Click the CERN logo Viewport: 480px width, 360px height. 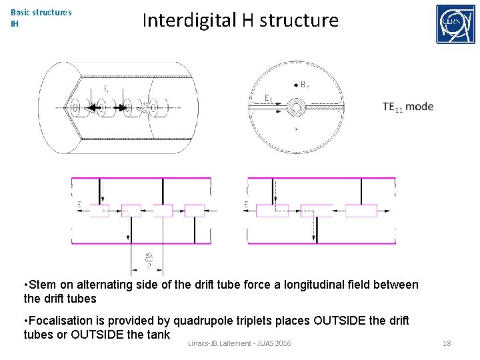coord(455,24)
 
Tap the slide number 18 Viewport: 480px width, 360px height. coord(447,343)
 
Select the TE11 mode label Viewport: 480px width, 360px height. coord(407,107)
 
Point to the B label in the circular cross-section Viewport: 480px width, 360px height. coord(303,85)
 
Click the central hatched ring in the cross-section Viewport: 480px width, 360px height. coord(295,107)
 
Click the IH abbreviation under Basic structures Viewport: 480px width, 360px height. coord(15,23)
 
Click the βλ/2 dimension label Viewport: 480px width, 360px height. coord(149,259)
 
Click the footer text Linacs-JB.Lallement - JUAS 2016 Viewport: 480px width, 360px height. coord(239,343)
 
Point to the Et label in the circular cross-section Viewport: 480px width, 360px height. coord(268,99)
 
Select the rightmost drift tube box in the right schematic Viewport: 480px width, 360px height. coord(361,211)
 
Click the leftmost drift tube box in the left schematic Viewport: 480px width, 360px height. coord(99,211)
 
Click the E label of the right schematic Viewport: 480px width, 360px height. coord(246,205)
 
